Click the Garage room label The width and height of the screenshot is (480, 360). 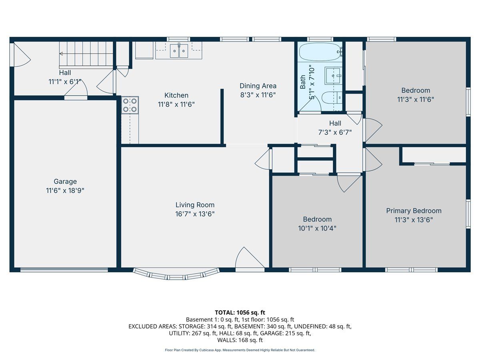[65, 182]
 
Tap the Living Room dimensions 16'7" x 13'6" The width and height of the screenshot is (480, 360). [195, 214]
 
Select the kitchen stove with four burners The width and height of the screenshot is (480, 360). [130, 105]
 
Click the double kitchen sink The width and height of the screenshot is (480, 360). [179, 51]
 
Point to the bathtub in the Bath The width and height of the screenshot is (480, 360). [320, 52]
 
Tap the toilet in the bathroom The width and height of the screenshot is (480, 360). [332, 98]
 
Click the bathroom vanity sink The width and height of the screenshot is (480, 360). [333, 76]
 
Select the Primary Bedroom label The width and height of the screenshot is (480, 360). [414, 211]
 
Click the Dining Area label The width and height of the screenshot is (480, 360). [258, 86]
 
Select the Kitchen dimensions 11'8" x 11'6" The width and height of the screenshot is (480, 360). [176, 104]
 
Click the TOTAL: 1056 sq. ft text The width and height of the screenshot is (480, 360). [240, 312]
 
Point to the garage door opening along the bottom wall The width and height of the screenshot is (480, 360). [64, 270]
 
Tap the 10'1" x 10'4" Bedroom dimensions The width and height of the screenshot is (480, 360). [317, 228]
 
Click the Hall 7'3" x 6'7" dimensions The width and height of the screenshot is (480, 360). [335, 132]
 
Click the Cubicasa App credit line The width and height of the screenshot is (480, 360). [240, 350]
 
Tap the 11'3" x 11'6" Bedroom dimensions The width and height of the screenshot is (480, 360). [416, 100]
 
